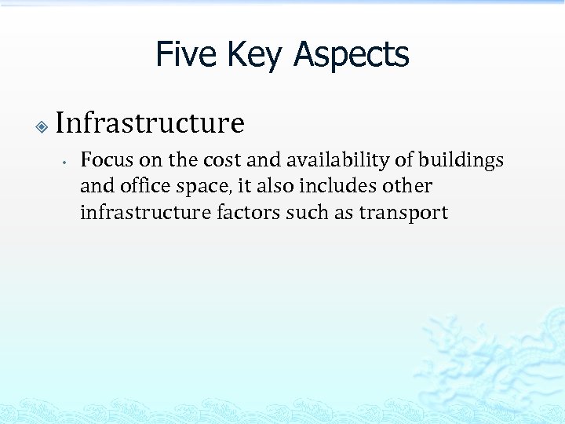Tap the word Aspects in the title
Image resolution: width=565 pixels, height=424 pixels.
click(352, 54)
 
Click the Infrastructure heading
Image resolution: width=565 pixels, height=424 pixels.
click(150, 122)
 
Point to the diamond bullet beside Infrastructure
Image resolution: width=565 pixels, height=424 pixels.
click(42, 126)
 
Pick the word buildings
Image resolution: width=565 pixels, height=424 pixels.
click(461, 160)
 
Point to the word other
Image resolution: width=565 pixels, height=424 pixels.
click(408, 186)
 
